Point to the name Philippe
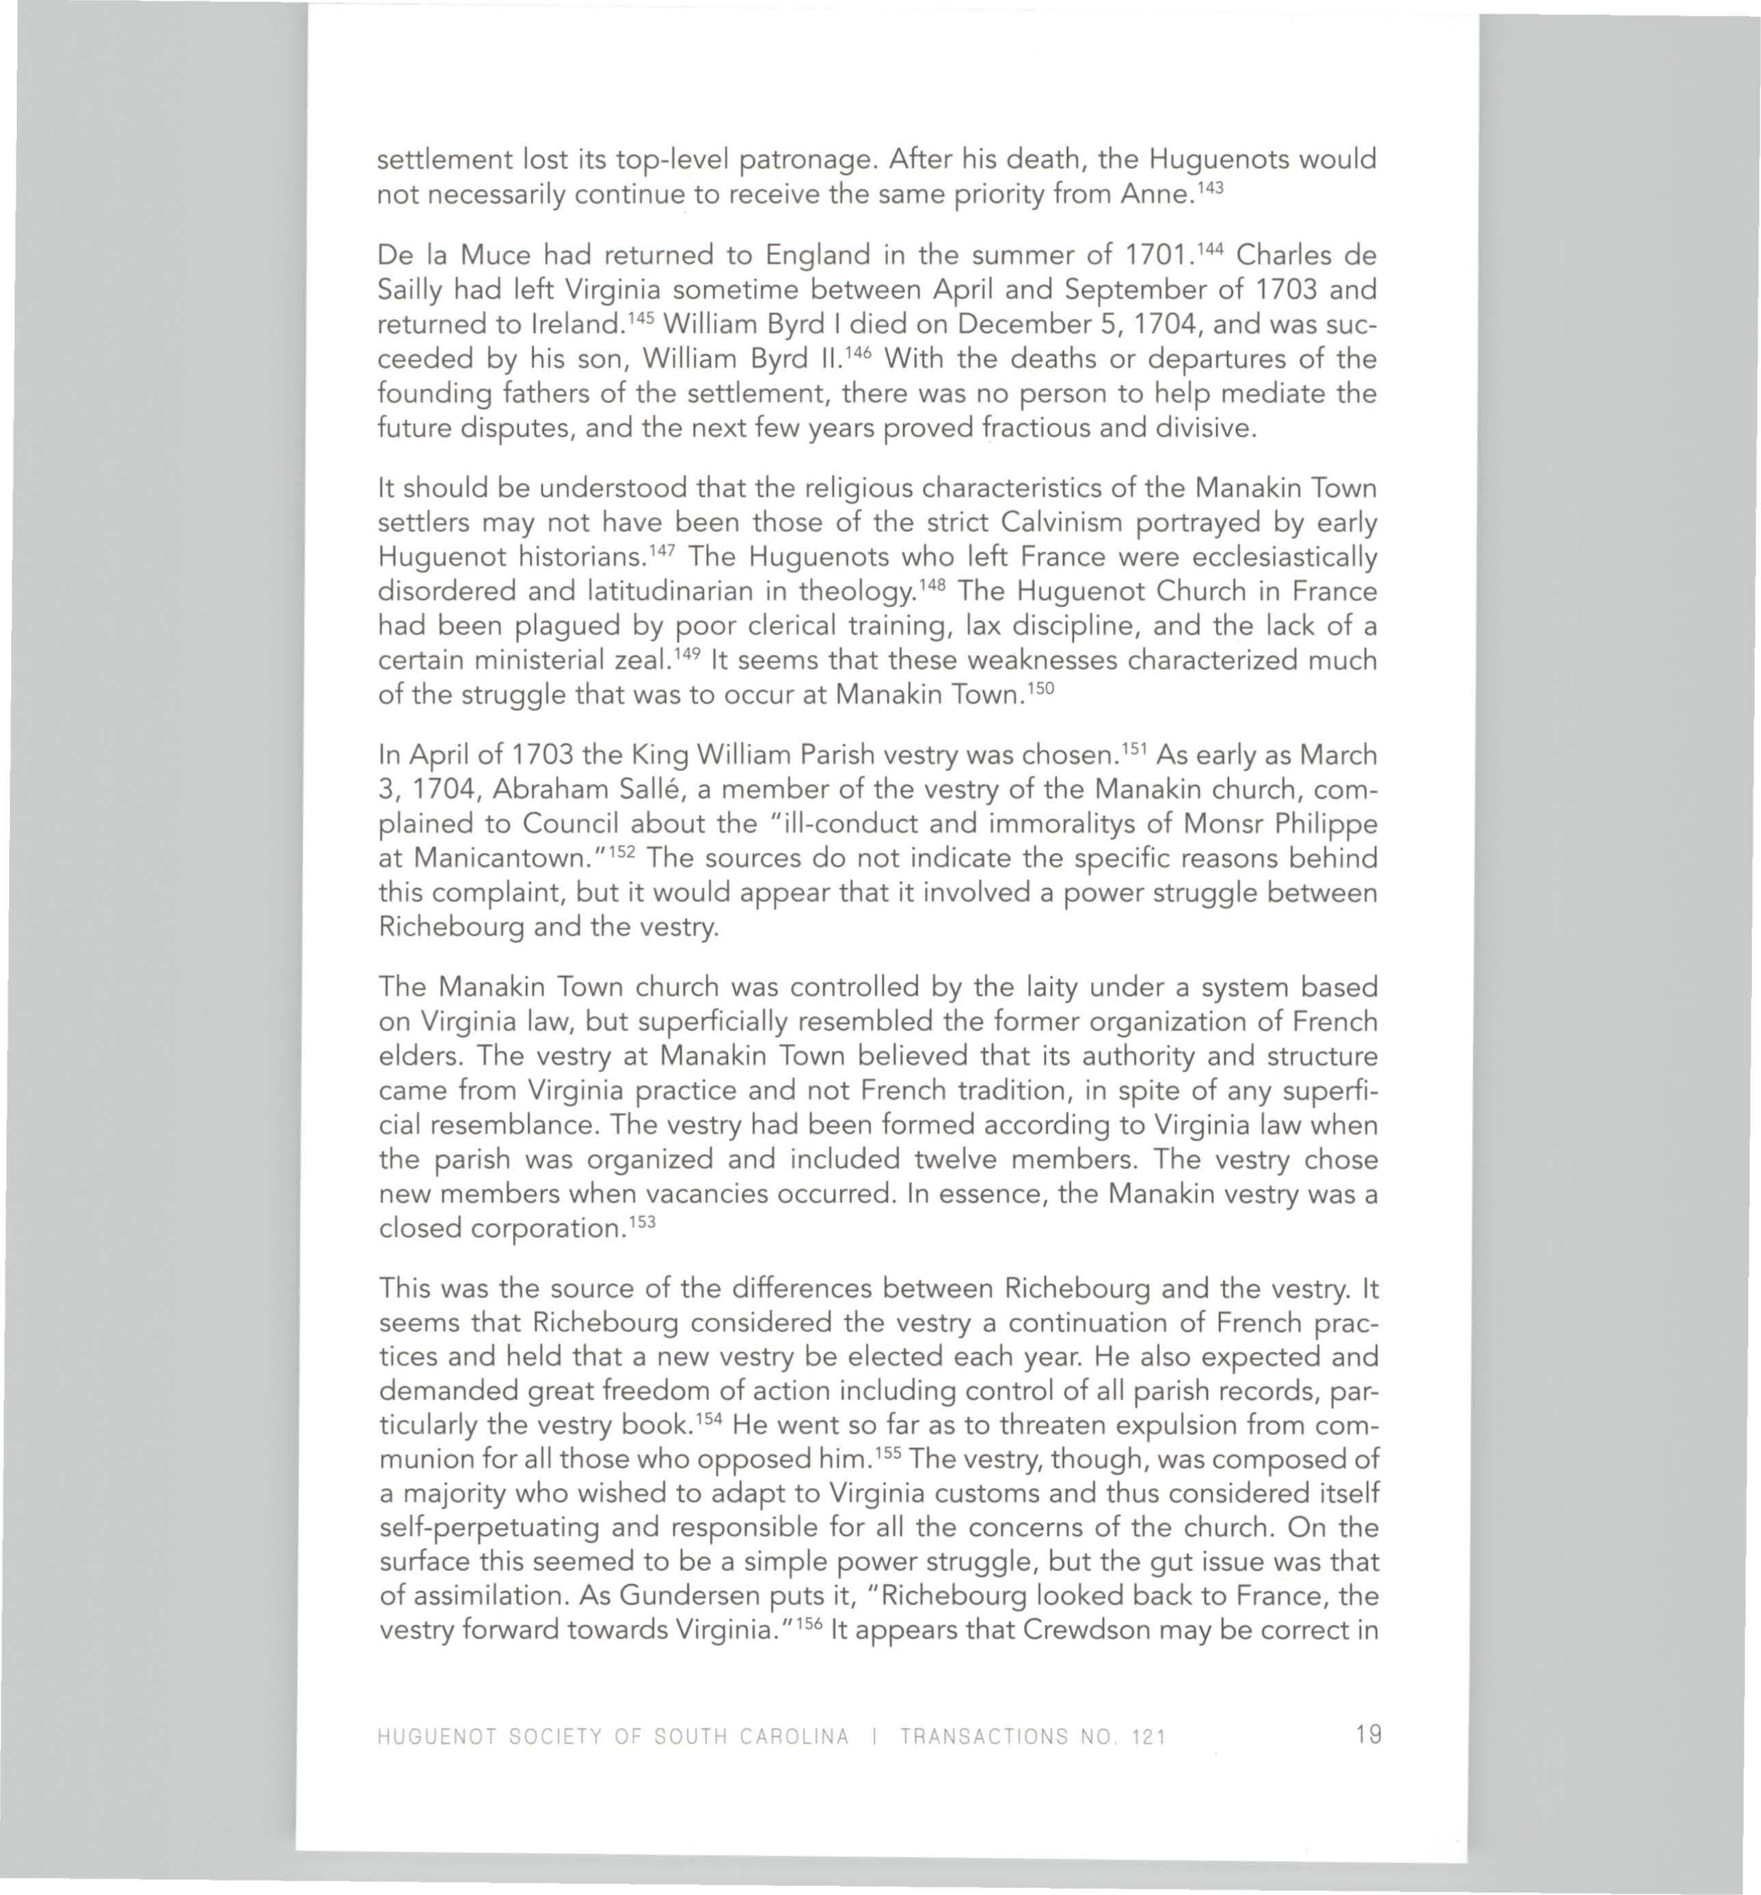click(x=1317, y=824)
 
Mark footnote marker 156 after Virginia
click(x=810, y=1624)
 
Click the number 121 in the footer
click(x=1148, y=1736)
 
